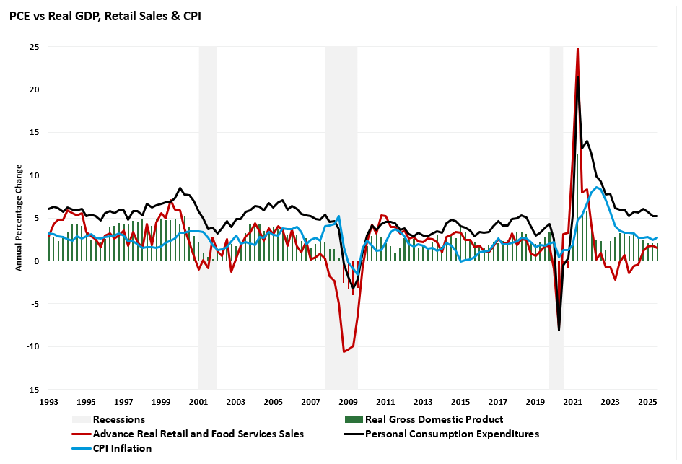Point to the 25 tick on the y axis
coord(34,47)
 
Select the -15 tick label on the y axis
coord(32,389)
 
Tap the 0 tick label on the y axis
coord(36,261)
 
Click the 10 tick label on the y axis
coord(34,175)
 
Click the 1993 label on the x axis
coord(48,402)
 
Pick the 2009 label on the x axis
coord(348,402)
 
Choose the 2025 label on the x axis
coord(647,402)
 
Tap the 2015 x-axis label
coord(460,402)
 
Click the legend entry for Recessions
coord(119,419)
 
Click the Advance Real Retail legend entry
coord(198,434)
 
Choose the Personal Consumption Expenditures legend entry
coord(452,434)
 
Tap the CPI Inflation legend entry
coord(122,448)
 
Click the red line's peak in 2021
coord(577,48)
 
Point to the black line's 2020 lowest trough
coord(559,331)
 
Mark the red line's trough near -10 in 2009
coord(344,351)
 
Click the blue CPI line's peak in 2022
coord(598,187)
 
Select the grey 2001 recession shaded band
coord(208,216)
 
